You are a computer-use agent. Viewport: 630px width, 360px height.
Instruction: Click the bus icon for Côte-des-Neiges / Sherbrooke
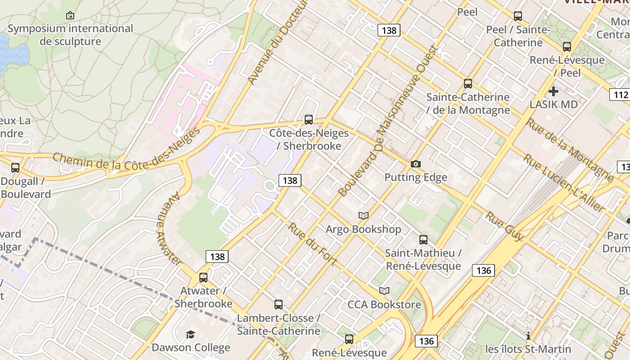[x=309, y=119]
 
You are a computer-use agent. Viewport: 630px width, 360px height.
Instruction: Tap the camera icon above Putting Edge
[x=416, y=164]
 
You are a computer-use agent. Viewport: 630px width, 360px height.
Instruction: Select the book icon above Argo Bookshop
[x=363, y=216]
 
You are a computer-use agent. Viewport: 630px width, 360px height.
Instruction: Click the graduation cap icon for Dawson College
[x=191, y=334]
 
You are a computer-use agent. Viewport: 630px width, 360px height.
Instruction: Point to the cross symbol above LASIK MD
[x=553, y=91]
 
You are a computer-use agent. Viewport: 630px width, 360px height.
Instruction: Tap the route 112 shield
[x=620, y=94]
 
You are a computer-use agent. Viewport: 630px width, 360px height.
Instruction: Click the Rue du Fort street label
[x=312, y=243]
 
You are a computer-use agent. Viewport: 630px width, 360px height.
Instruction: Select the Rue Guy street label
[x=504, y=226]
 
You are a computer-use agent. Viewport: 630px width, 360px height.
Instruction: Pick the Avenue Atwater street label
[x=169, y=229]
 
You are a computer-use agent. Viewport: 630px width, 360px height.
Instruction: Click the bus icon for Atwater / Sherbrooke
[x=203, y=277]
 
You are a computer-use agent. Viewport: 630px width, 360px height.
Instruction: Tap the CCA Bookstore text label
[x=384, y=305]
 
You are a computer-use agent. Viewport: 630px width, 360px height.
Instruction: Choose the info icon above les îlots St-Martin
[x=528, y=336]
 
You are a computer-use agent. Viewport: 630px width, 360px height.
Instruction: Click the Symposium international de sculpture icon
[x=70, y=16]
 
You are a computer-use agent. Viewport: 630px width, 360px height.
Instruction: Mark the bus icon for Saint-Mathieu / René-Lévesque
[x=423, y=240]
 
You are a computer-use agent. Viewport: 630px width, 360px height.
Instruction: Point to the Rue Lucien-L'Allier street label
[x=563, y=183]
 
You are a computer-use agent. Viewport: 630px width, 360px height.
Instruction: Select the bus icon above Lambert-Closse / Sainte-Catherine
[x=279, y=305]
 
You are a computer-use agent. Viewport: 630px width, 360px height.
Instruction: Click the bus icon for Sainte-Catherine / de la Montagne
[x=468, y=84]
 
